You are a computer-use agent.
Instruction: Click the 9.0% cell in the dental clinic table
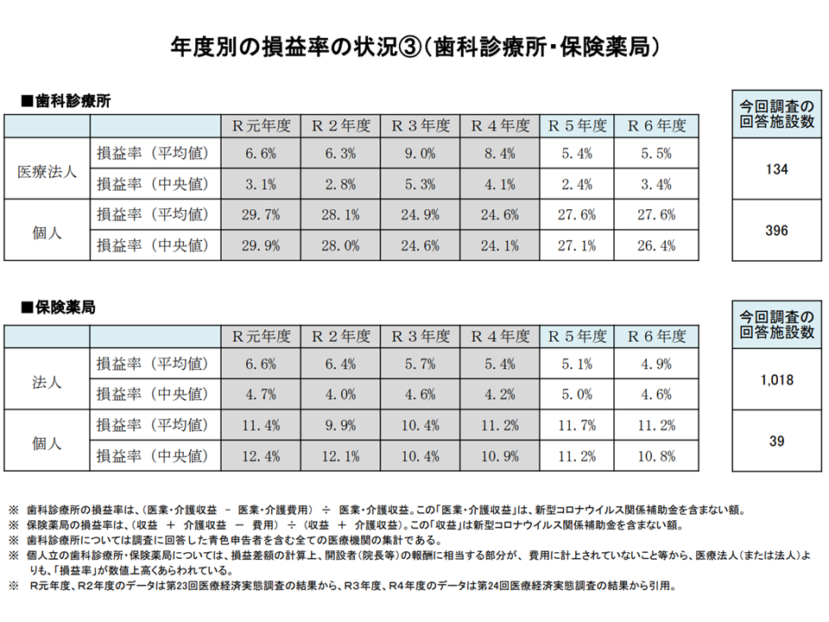click(x=421, y=155)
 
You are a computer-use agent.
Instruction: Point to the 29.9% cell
click(x=260, y=245)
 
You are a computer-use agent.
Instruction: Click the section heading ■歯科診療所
click(x=66, y=100)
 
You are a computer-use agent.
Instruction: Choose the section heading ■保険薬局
click(x=57, y=308)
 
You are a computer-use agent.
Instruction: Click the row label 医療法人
click(x=47, y=170)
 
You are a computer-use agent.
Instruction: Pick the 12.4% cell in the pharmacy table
click(x=260, y=455)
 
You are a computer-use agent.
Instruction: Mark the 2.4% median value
click(x=578, y=184)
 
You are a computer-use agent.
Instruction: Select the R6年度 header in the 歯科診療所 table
click(x=657, y=125)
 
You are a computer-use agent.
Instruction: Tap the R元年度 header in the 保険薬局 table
click(x=260, y=336)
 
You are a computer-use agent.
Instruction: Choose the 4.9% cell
click(x=657, y=364)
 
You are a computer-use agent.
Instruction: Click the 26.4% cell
click(x=657, y=245)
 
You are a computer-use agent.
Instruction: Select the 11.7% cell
click(x=578, y=425)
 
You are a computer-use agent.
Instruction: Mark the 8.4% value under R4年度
click(x=499, y=155)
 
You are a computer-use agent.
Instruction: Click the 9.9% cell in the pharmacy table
click(x=341, y=425)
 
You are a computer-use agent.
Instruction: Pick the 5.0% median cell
click(x=578, y=395)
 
